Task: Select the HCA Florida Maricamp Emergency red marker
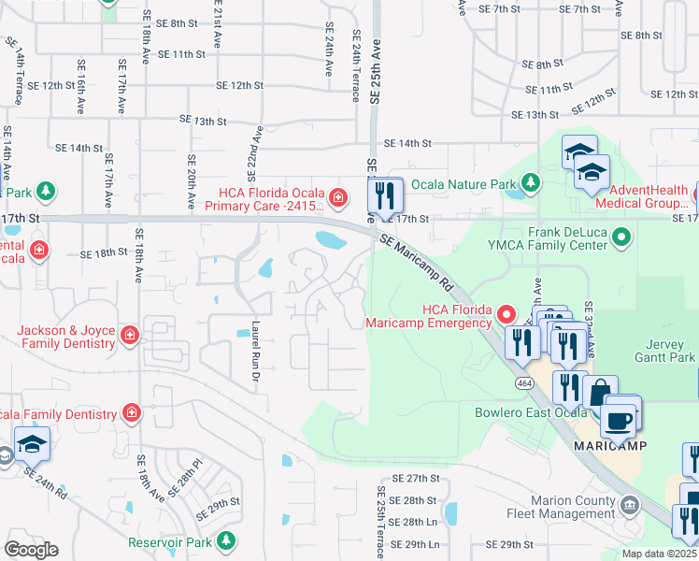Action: [506, 312]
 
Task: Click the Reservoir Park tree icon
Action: [225, 540]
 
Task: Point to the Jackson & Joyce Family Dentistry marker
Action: [130, 334]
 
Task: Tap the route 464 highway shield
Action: [524, 383]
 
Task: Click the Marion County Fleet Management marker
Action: [630, 506]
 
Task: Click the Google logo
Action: [31, 549]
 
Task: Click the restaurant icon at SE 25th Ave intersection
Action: [385, 197]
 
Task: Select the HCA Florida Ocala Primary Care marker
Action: [336, 197]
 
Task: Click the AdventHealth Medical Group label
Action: [643, 197]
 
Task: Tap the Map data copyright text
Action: [658, 554]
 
